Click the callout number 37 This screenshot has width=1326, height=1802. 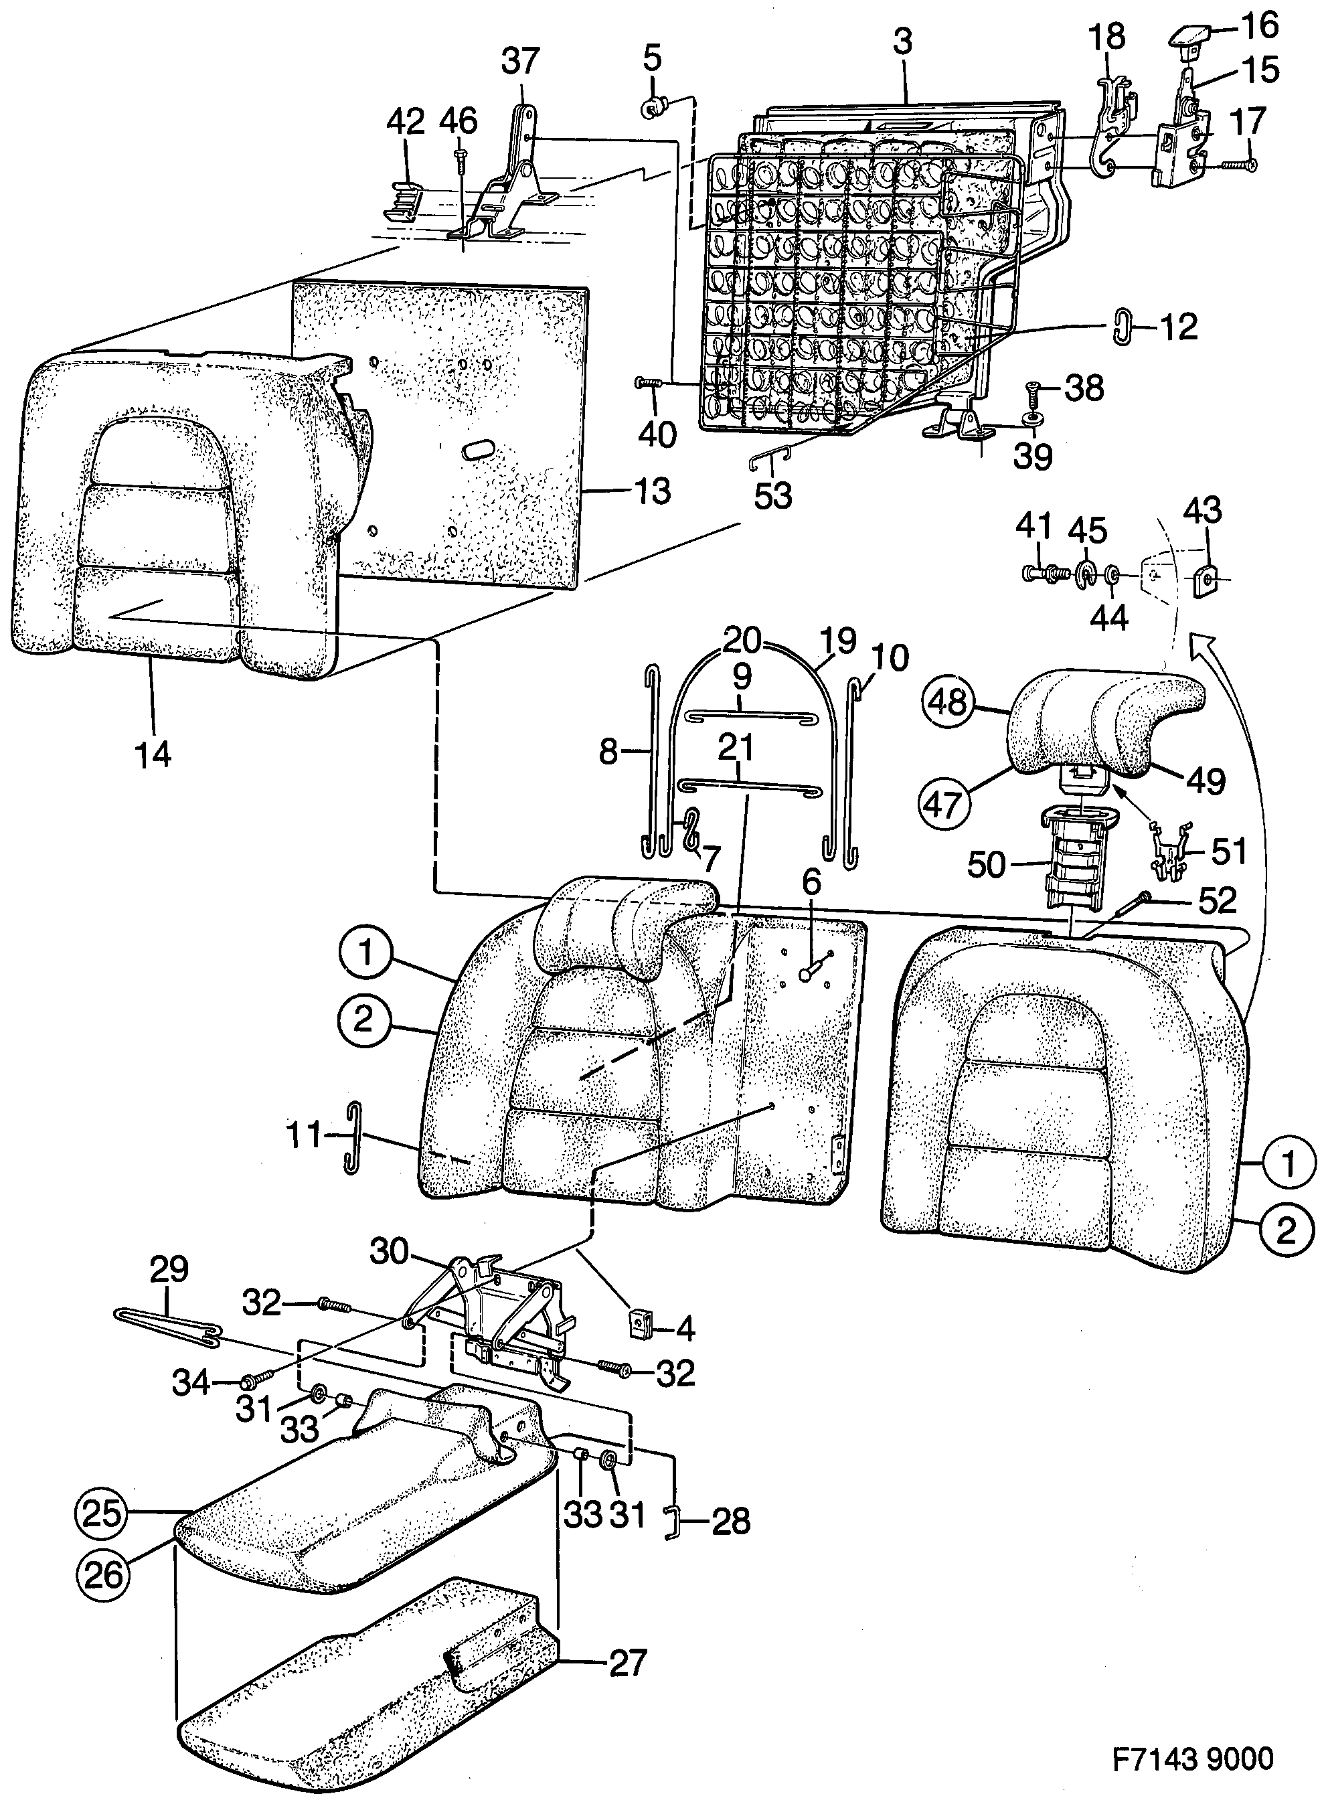point(520,61)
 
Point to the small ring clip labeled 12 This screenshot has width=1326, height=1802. point(1121,328)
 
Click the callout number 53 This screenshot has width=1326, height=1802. point(773,496)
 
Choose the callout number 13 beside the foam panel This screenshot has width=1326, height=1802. point(651,491)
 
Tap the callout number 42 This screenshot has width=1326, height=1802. point(406,122)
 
